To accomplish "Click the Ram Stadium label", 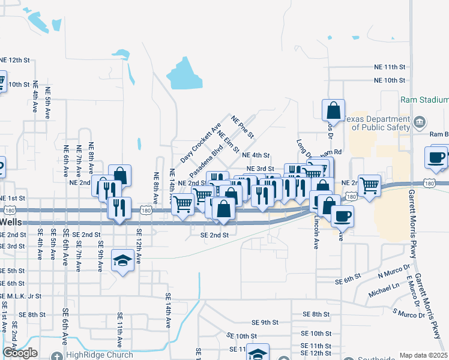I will click(424, 100).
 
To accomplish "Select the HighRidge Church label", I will click(100, 355).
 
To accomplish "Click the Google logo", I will click(20, 353).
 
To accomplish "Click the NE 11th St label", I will click(390, 67).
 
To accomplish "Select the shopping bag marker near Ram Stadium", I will click(333, 110).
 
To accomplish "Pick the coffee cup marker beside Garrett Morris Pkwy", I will click(437, 157).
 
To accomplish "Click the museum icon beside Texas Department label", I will click(420, 123).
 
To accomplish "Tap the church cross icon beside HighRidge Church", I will click(58, 355).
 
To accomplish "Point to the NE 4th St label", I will click(255, 155).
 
